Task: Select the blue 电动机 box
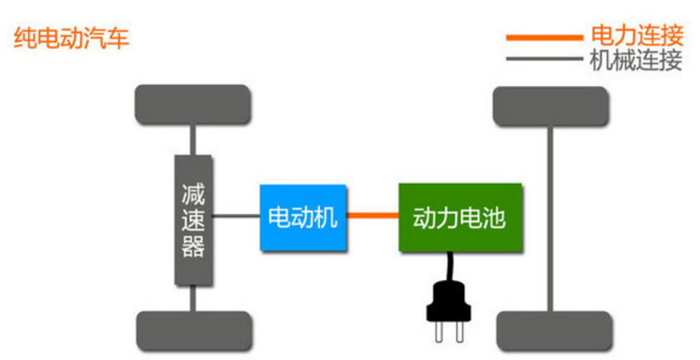303,217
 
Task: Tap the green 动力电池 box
460,217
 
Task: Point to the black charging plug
448,306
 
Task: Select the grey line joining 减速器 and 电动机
235,216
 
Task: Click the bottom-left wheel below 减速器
194,330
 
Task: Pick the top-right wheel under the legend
550,106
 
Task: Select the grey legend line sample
542,59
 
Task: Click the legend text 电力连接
637,36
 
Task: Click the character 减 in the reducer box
193,194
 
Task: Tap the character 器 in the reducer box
193,247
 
